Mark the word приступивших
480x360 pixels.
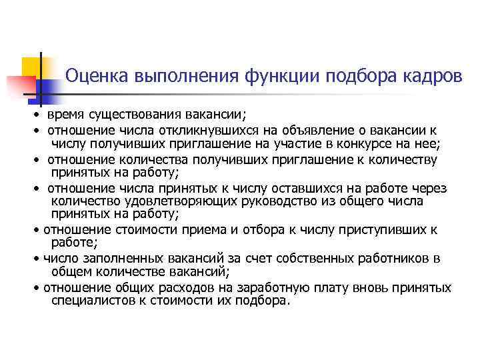click(386, 230)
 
